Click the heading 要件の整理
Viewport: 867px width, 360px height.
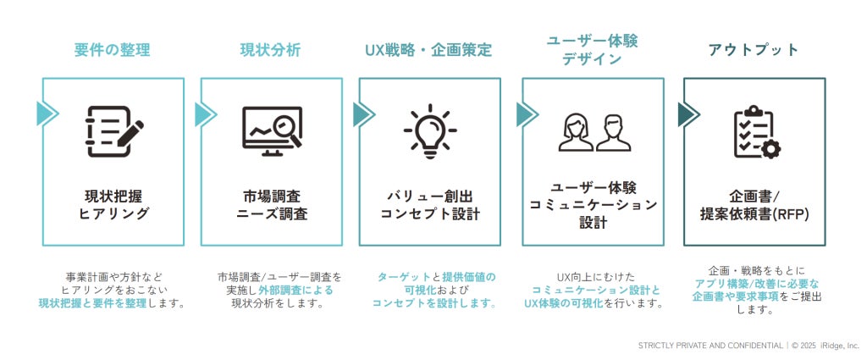coord(113,50)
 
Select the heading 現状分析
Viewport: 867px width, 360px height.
coord(270,50)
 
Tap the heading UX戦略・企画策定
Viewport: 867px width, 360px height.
coord(428,50)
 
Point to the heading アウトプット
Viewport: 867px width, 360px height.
coord(754,50)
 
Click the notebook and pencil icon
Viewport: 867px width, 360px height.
coord(114,131)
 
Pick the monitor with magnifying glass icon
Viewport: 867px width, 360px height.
coord(273,131)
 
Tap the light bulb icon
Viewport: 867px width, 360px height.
coord(430,131)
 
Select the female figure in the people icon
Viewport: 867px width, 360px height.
coord(576,133)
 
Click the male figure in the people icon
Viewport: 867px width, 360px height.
coord(613,133)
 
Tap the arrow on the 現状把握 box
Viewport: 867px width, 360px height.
coord(47,114)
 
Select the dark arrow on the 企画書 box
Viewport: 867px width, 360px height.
coord(688,114)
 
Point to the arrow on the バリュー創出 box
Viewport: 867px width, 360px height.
coord(364,114)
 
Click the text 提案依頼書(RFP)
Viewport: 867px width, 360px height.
coord(754,214)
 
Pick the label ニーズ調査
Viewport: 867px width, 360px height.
coord(272,214)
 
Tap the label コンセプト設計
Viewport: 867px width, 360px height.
coord(429,214)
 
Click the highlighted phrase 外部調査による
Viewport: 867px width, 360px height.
coord(295,291)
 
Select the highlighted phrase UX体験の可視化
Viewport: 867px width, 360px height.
coord(563,303)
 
